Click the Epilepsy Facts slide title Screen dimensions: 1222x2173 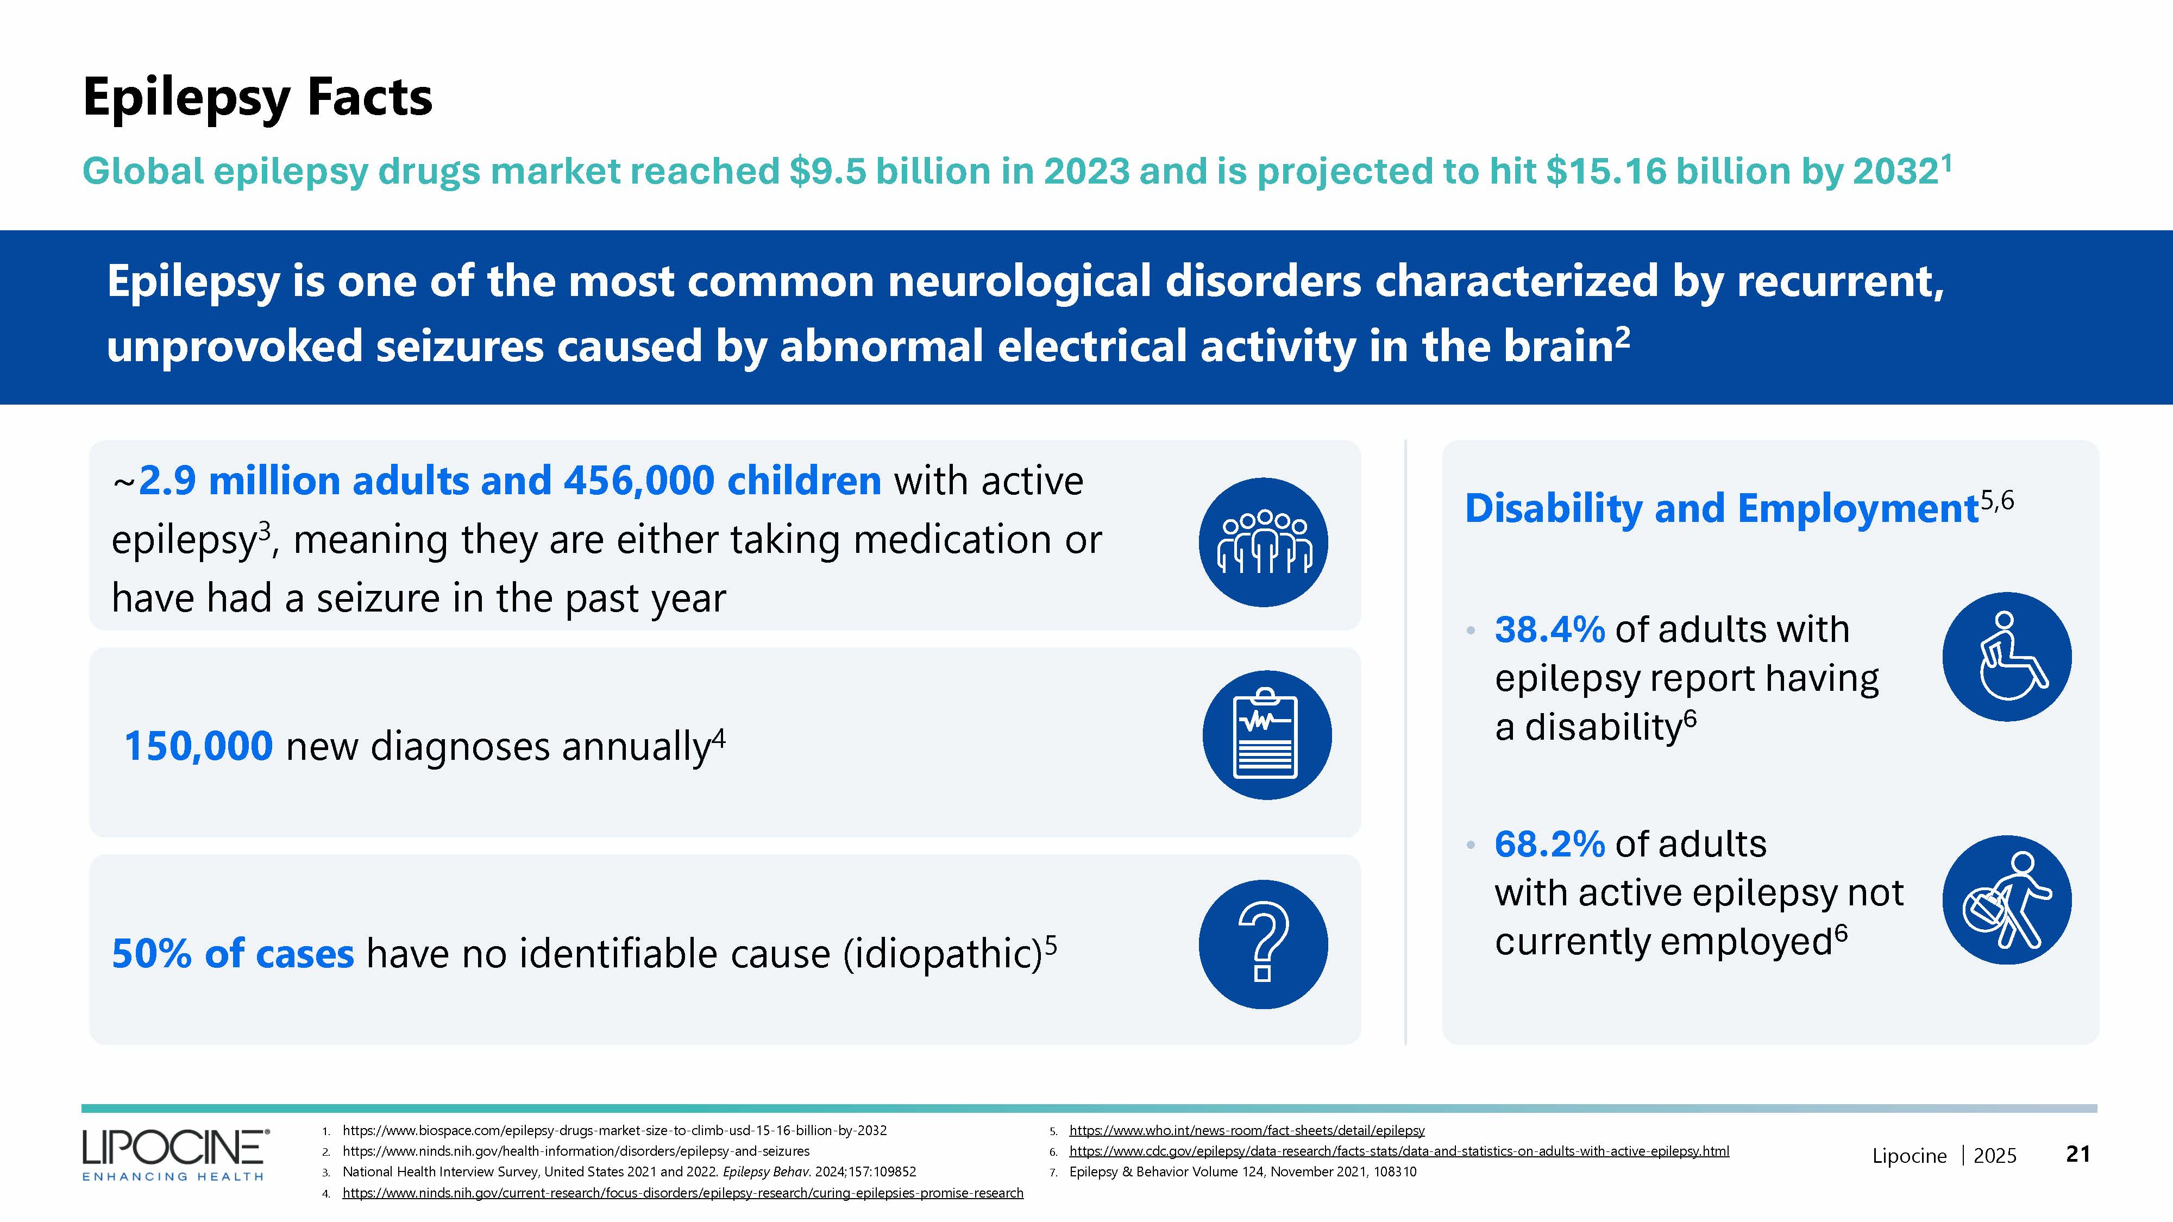tap(258, 98)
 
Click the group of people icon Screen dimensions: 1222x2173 tap(1263, 542)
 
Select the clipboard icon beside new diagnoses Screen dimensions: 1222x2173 tap(1266, 734)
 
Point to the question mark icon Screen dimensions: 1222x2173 tap(1263, 944)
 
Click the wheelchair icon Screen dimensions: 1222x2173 tap(2006, 656)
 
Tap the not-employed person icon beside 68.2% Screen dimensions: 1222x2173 tap(2006, 900)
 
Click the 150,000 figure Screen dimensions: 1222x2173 tap(198, 746)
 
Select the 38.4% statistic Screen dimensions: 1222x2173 tap(1549, 629)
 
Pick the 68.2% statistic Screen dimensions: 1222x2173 tap(1549, 843)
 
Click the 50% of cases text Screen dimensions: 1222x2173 tap(233, 954)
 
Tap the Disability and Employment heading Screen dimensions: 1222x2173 tap(1721, 508)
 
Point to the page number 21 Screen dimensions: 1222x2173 tap(2078, 1154)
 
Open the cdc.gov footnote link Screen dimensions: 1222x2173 tap(1399, 1151)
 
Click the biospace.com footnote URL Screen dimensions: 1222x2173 tap(614, 1130)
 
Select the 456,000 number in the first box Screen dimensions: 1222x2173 tap(638, 481)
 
